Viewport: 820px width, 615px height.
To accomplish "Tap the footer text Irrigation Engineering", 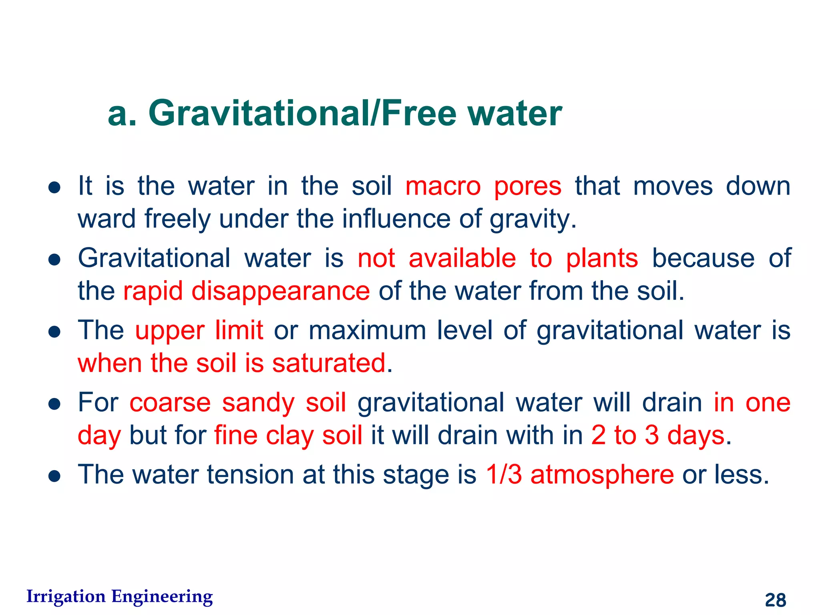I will [119, 597].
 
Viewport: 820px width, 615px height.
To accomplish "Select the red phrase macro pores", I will [483, 186].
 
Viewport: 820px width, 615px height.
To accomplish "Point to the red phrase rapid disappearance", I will [246, 291].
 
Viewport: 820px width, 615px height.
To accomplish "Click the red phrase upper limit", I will [199, 330].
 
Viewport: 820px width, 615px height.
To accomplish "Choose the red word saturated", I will [329, 363].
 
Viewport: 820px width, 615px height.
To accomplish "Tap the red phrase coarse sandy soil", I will [238, 402].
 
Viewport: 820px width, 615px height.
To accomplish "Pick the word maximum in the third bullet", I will [367, 330].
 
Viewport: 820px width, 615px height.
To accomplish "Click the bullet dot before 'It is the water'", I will [54, 187].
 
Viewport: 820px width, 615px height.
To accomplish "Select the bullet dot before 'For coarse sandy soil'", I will [54, 404].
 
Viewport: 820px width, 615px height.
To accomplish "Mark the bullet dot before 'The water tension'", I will [54, 476].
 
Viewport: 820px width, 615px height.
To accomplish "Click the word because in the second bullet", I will [703, 258].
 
